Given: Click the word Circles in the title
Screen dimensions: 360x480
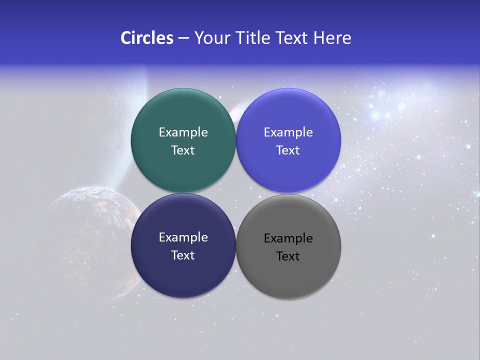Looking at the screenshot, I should pyautogui.click(x=146, y=38).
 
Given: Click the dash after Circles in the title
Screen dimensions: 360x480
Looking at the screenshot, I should pyautogui.click(x=183, y=38).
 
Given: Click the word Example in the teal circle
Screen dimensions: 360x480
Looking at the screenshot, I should pyautogui.click(x=183, y=132).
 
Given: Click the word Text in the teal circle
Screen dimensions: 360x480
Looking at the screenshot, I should pyautogui.click(x=183, y=150).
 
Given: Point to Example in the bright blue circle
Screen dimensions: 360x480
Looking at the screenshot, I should pyautogui.click(x=288, y=132).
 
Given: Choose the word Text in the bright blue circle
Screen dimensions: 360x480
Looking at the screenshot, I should pyautogui.click(x=288, y=150).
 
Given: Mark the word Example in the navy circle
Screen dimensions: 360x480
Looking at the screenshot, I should pyautogui.click(x=183, y=237).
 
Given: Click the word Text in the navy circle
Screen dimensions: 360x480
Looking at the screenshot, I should pyautogui.click(x=183, y=255).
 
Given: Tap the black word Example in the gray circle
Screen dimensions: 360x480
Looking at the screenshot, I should pyautogui.click(x=288, y=238).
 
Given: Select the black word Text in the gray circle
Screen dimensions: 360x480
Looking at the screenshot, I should pyautogui.click(x=288, y=256).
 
